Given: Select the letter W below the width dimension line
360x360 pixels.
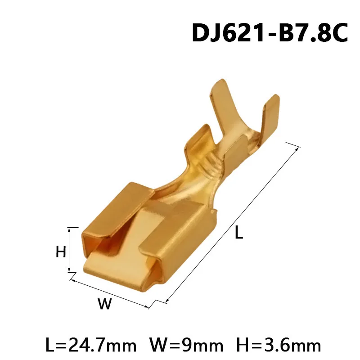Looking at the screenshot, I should coord(104,305).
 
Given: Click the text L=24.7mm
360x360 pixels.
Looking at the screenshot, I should coord(91,345).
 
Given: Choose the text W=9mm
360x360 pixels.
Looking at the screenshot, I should coord(186,345).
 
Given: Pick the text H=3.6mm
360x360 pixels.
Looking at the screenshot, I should coord(278,345).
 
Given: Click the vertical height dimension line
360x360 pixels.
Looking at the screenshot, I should coord(69,250).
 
